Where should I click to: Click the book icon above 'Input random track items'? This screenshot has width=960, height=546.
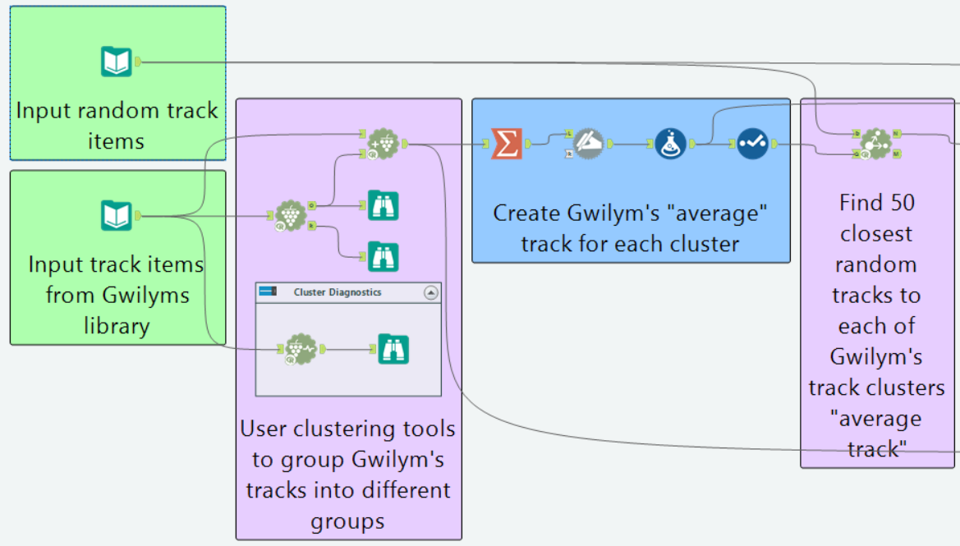117,62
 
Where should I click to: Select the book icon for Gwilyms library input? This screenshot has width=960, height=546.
117,216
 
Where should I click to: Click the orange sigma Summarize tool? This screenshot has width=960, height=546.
507,143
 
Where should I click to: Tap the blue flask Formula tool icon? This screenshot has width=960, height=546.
670,143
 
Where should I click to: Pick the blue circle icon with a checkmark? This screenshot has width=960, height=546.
751,143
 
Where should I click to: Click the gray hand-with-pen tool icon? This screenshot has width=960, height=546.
588,143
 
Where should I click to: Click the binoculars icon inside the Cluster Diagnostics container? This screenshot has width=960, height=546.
393,349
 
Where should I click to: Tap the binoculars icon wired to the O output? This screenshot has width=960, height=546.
383,205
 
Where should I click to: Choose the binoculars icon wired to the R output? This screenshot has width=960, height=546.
383,257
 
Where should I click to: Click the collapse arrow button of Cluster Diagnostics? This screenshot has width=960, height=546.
430,292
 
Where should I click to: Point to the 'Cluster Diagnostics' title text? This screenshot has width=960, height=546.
337,292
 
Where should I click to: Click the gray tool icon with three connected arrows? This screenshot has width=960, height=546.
875,143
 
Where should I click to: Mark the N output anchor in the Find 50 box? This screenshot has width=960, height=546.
896,133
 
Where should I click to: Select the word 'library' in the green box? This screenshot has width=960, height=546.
117,326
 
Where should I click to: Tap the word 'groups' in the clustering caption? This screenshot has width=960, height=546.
347,521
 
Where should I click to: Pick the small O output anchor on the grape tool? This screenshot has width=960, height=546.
312,204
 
